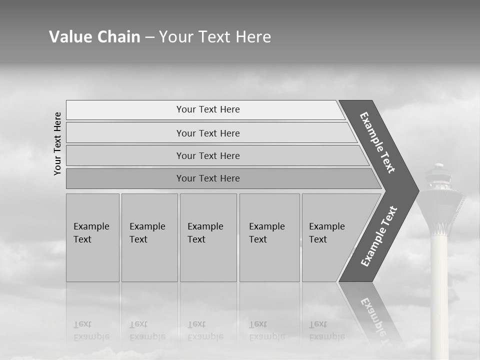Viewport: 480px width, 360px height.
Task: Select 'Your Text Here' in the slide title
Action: [x=215, y=37]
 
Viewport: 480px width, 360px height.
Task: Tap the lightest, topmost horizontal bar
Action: [x=207, y=109]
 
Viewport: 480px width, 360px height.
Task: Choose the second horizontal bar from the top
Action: [x=207, y=133]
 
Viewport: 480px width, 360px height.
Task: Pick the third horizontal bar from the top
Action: [x=207, y=155]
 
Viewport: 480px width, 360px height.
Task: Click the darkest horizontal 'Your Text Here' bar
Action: [x=207, y=178]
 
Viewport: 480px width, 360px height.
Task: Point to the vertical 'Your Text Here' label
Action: [x=57, y=143]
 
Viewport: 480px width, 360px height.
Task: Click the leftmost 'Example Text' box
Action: [x=92, y=237]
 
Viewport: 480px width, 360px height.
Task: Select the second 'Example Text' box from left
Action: [x=149, y=237]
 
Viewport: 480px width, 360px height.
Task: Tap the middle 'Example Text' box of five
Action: [x=208, y=237]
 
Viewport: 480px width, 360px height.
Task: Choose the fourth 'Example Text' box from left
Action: [x=269, y=237]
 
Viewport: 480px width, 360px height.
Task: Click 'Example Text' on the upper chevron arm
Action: [x=377, y=142]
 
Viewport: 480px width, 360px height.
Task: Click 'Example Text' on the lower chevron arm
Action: [x=378, y=236]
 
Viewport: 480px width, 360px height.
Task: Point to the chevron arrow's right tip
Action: [x=417, y=190]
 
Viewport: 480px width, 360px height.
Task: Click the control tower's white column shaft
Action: [x=439, y=290]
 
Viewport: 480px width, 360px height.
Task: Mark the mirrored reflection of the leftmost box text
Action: [x=91, y=331]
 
